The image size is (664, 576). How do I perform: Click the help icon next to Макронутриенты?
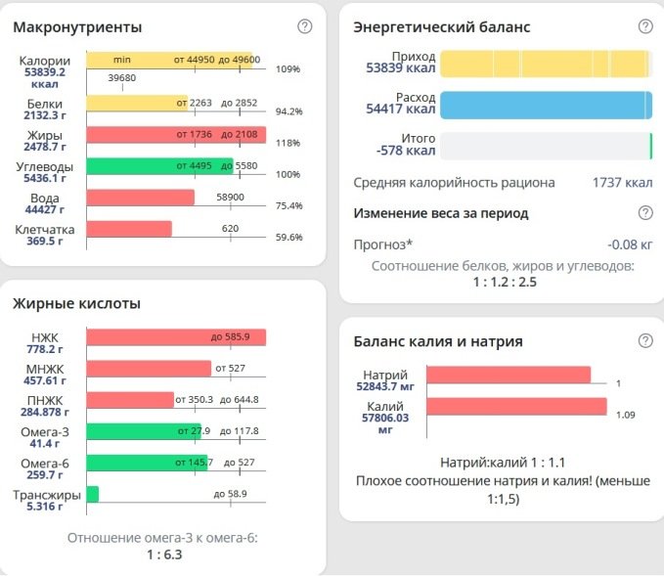tap(305, 26)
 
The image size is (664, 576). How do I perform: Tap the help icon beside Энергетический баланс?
tap(644, 26)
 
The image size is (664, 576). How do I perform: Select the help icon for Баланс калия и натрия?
tap(644, 340)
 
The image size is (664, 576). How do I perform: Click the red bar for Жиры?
tap(176, 135)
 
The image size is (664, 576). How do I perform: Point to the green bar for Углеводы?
tap(159, 166)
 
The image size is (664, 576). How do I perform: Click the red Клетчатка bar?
tap(129, 229)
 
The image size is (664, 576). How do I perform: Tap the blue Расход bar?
tap(545, 105)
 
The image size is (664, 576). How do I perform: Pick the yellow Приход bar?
tap(545, 64)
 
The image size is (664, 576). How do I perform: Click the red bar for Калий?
tap(516, 407)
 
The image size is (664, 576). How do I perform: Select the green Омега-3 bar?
tap(143, 431)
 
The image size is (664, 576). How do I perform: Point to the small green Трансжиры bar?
tap(93, 494)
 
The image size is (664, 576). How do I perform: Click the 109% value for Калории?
tap(288, 69)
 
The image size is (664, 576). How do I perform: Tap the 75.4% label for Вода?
tap(289, 205)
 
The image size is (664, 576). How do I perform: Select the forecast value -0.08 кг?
tap(630, 244)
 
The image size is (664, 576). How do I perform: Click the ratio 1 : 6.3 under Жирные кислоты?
tap(164, 554)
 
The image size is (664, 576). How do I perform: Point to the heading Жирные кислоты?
tap(76, 303)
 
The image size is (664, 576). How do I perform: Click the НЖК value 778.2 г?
tap(45, 349)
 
